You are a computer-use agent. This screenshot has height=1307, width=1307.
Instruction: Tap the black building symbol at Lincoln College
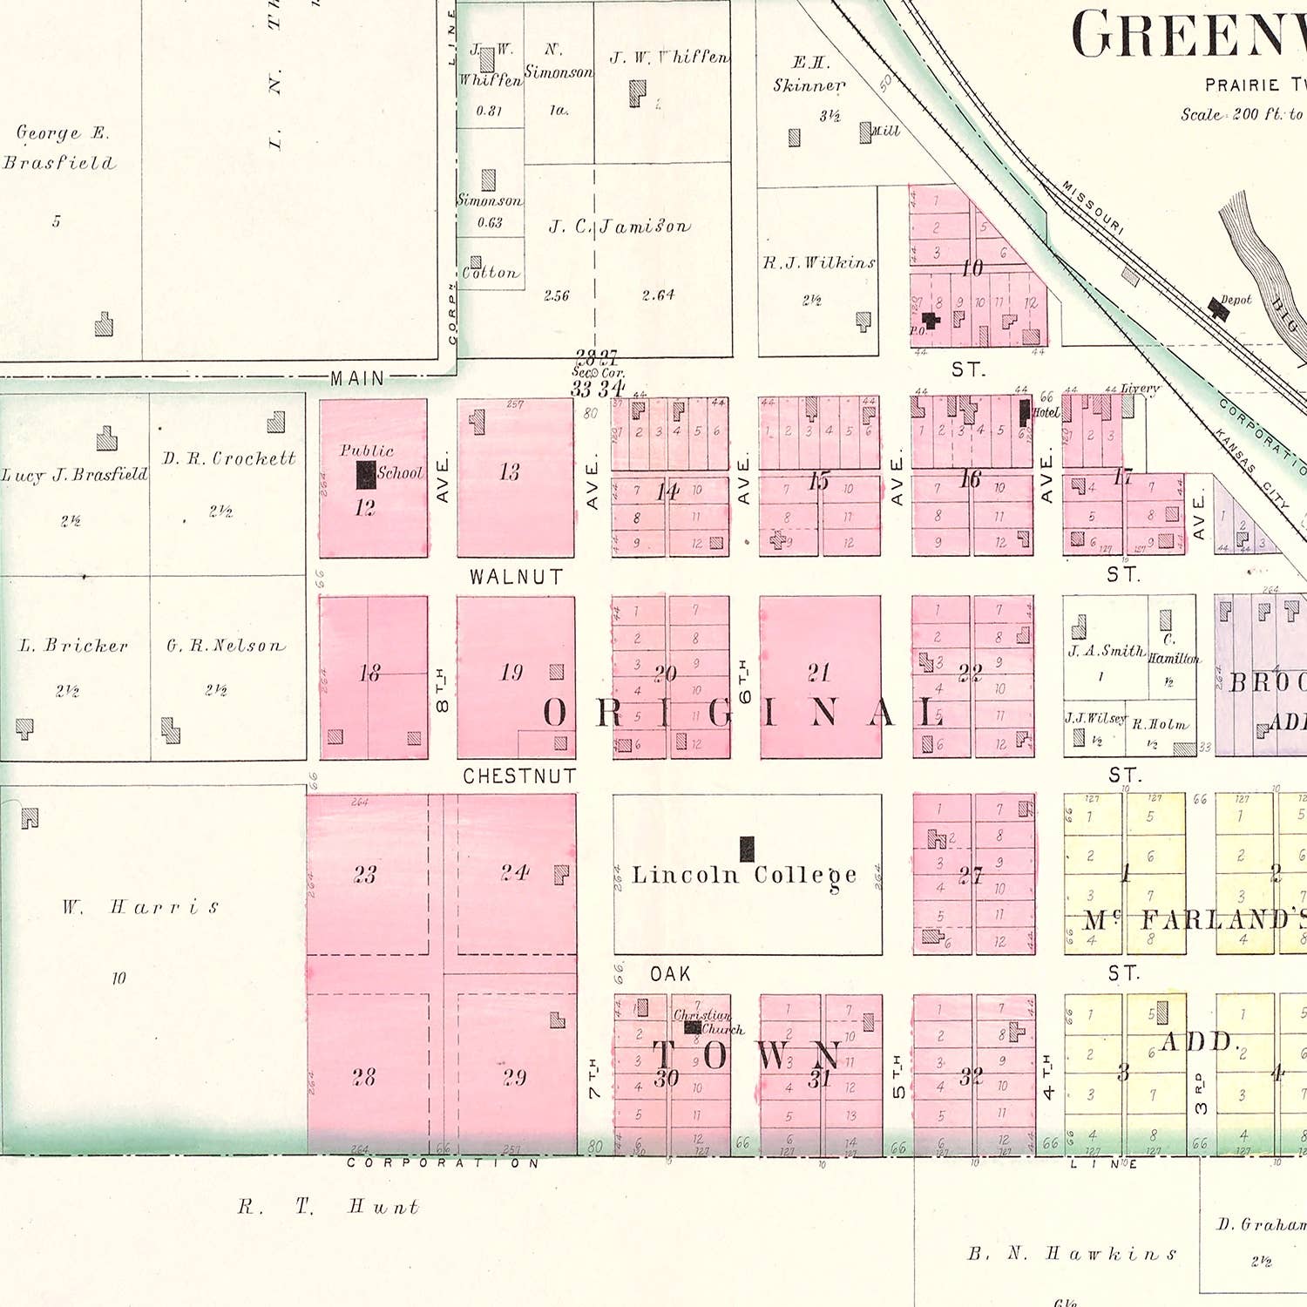pos(747,848)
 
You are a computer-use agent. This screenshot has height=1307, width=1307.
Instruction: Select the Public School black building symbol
pos(366,475)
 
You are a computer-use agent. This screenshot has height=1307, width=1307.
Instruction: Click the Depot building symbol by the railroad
pos(1218,308)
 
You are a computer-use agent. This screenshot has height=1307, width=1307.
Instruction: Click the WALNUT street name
pos(516,577)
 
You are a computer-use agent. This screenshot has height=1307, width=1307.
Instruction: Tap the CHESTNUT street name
pos(519,775)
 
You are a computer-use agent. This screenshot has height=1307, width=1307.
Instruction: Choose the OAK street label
pos(670,974)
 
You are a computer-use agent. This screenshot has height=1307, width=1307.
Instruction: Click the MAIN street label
pos(357,378)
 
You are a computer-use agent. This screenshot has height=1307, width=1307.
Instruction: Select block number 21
pos(818,673)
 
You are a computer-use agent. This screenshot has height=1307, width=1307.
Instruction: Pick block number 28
pos(364,1077)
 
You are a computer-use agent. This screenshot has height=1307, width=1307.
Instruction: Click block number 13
pos(510,472)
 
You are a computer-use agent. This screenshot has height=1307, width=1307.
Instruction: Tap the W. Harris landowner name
pos(140,907)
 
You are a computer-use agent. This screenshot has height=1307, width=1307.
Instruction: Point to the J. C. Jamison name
pos(620,227)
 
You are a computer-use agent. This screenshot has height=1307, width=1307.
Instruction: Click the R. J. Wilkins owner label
pos(819,262)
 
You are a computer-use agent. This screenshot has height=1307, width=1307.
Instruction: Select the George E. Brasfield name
pos(59,147)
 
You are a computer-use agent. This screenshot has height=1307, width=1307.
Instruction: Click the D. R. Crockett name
pos(229,458)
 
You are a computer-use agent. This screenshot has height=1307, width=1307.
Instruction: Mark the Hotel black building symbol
pos(1025,412)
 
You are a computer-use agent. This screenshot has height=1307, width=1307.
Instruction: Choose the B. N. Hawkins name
pos(1073,1254)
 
